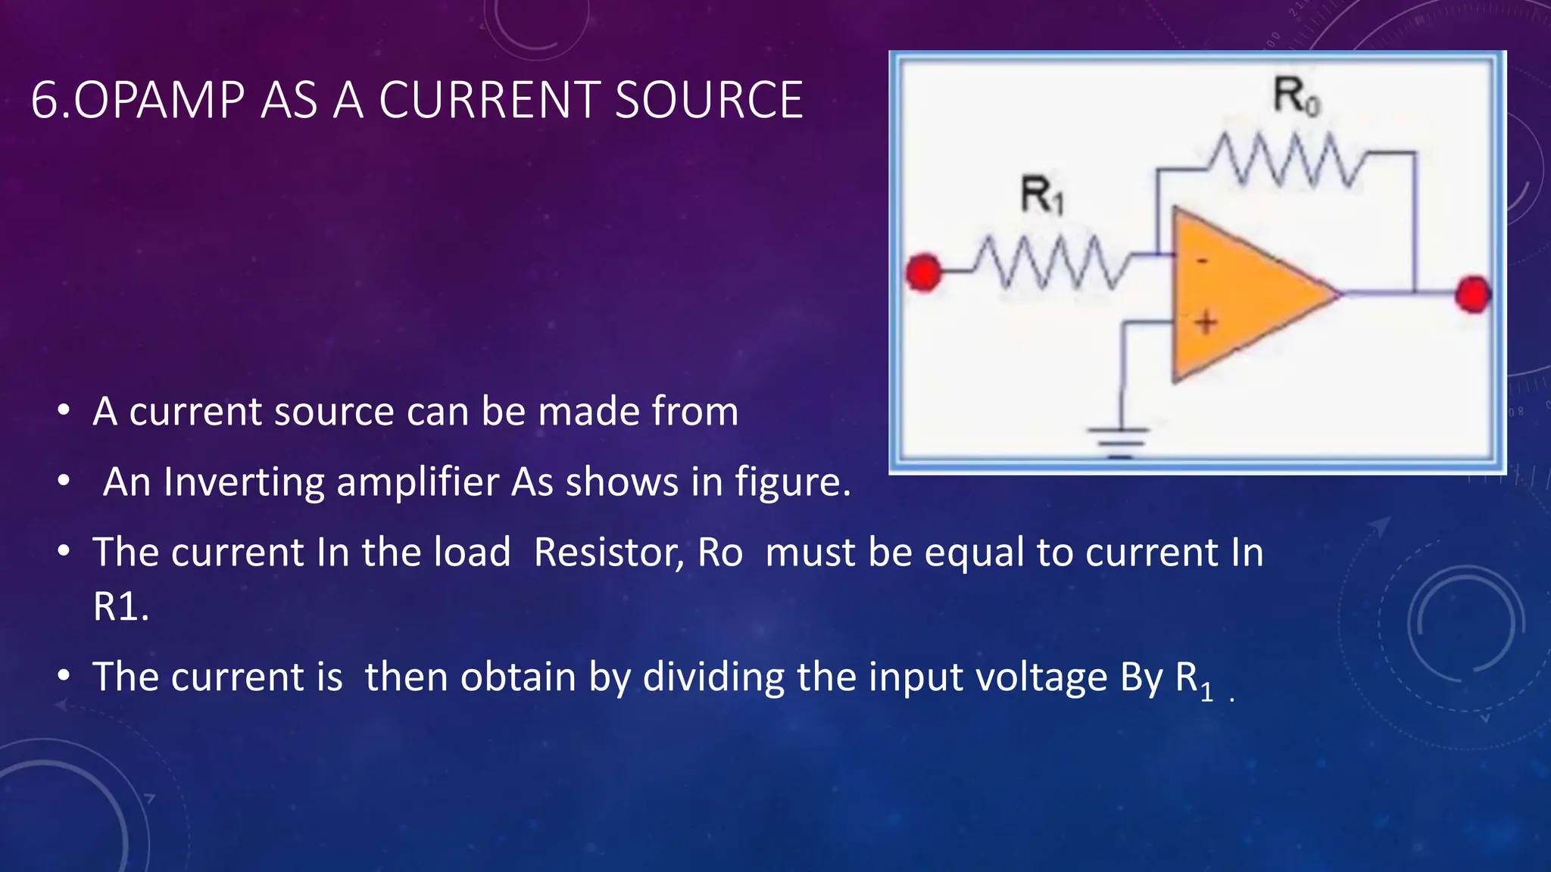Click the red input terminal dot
[x=924, y=272]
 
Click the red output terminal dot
[x=1473, y=294]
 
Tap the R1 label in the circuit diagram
[x=1042, y=195]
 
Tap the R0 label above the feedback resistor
[x=1296, y=96]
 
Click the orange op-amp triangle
[x=1242, y=295]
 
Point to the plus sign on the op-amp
[x=1206, y=323]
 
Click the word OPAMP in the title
[x=159, y=100]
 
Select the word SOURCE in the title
[x=709, y=100]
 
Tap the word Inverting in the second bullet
[x=244, y=482]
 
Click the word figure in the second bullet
[x=793, y=482]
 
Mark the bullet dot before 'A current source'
[x=64, y=411]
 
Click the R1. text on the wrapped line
[x=121, y=606]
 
